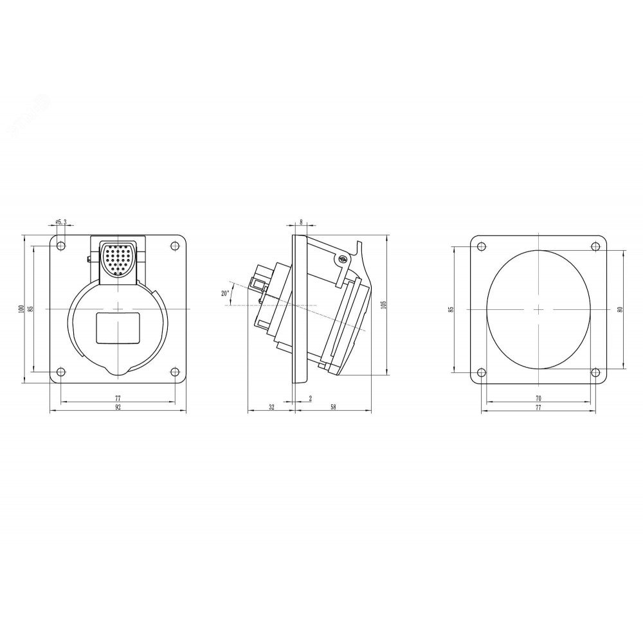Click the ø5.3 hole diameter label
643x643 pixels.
[x=60, y=222]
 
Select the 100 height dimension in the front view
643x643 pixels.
[x=21, y=309]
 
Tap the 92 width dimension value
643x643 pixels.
[x=118, y=407]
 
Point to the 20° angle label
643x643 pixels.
[x=224, y=293]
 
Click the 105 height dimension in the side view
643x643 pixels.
[x=384, y=305]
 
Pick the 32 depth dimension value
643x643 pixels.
[x=271, y=407]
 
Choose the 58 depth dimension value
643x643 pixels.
[x=333, y=407]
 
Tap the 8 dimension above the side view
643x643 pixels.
[x=301, y=222]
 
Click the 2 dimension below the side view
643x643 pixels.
[x=311, y=398]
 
